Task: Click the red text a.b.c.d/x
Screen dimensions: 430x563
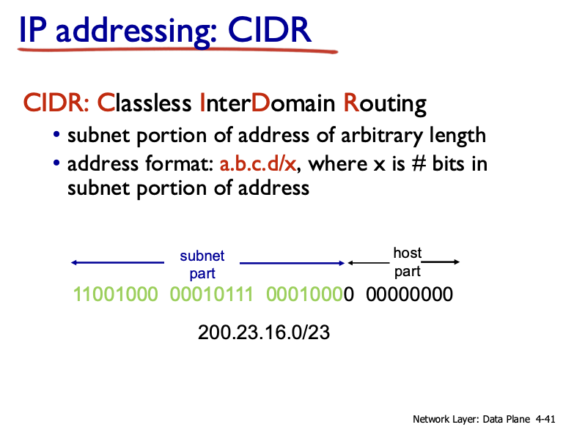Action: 257,163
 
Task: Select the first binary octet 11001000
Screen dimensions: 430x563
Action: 116,294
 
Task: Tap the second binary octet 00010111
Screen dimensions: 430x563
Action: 212,294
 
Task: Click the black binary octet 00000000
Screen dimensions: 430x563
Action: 410,294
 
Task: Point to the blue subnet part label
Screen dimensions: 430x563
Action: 202,264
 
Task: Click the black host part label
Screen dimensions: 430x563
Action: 408,262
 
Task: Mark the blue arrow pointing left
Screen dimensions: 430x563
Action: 117,262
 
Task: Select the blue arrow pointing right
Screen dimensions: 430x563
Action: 292,262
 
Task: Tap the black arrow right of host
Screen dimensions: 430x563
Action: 441,262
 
